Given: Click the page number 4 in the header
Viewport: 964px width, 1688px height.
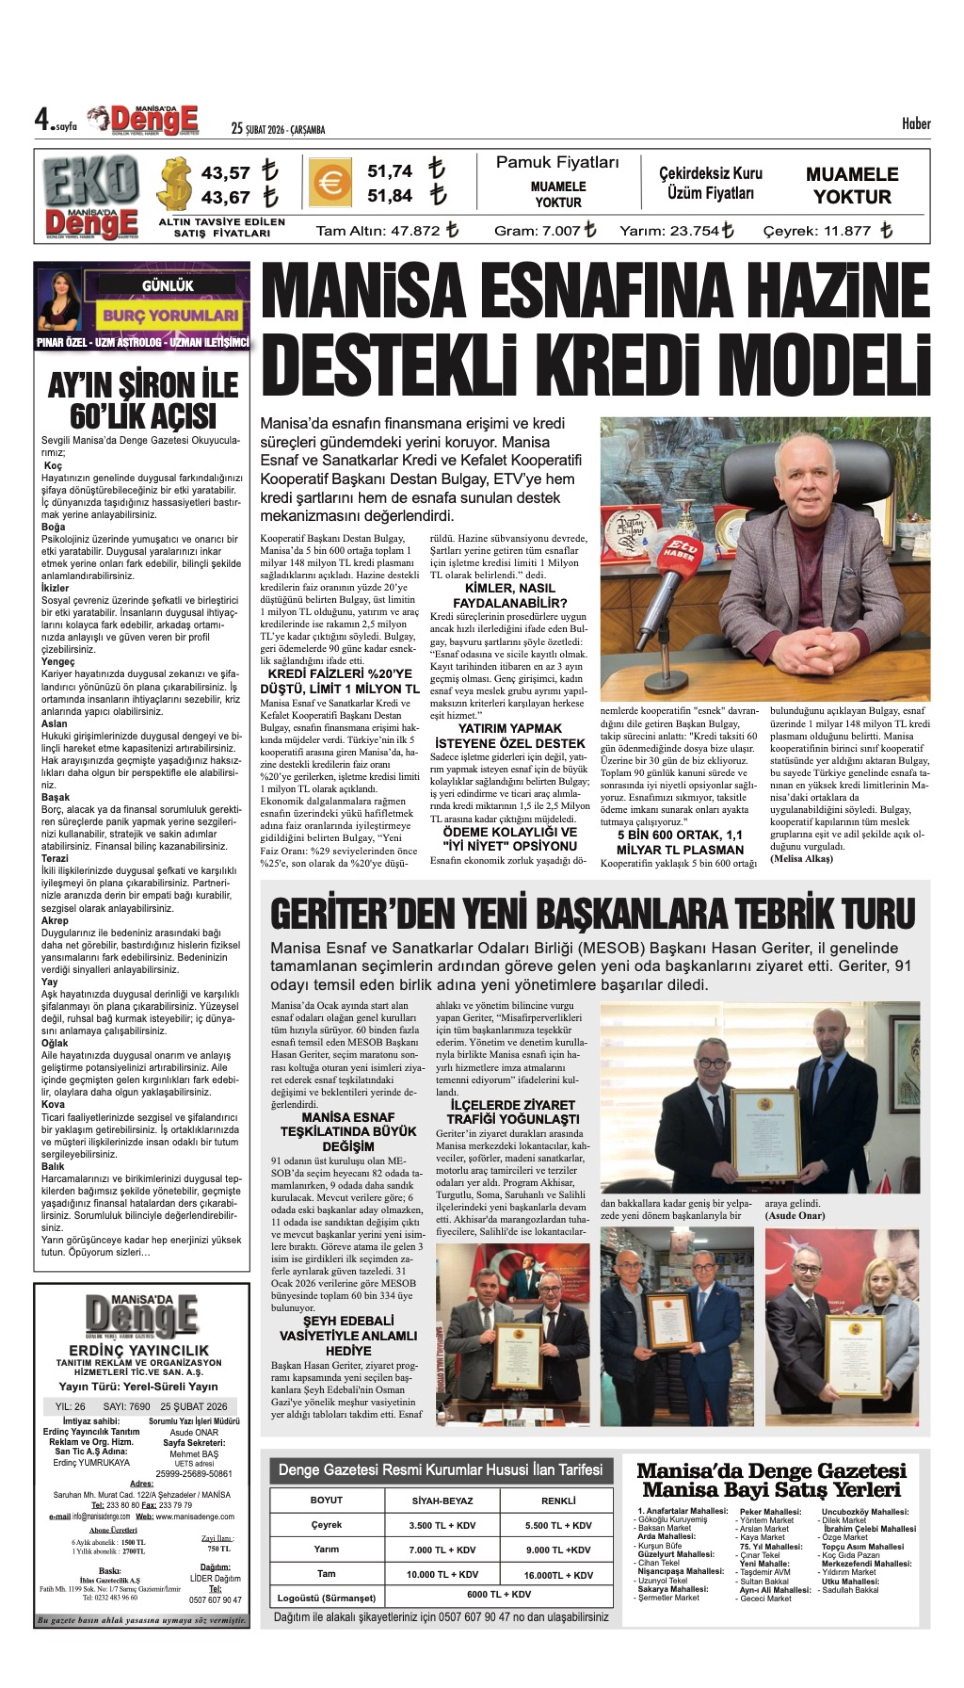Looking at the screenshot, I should point(43,120).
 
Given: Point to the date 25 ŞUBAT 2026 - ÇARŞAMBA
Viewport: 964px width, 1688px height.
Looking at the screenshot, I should point(278,129).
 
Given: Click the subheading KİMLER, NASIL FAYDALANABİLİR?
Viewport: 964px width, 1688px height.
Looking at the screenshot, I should point(509,595).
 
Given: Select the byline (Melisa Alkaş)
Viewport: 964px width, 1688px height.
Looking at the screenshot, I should point(801,858).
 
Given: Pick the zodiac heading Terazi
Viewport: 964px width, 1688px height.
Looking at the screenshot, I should point(54,858).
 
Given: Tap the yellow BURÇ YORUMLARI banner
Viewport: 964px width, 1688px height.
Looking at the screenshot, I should point(170,315).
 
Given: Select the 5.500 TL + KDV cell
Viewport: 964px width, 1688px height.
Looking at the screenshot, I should point(558,1525).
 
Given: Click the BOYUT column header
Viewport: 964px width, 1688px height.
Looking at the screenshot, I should point(326,1501).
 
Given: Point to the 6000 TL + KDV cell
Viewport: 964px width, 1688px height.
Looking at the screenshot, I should point(499,1594).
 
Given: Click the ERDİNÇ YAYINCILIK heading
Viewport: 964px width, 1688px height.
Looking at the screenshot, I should point(139,1350).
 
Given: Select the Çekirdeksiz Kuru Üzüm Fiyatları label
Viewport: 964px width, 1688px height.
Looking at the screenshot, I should point(710,183).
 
